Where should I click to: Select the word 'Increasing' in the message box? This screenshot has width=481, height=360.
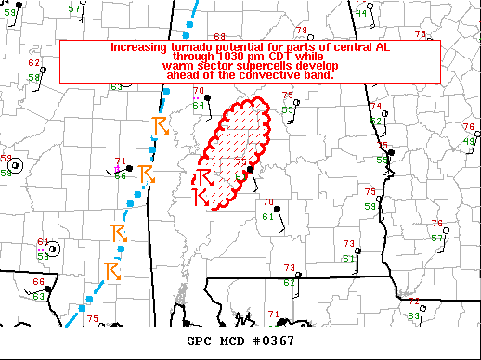[140, 46]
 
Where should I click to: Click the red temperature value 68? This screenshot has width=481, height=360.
[220, 36]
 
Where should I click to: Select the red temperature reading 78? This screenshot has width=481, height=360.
[301, 30]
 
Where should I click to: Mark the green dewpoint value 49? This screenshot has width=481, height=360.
[468, 140]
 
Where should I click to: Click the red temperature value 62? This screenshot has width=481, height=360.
[34, 63]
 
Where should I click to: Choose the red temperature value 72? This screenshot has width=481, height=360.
[414, 302]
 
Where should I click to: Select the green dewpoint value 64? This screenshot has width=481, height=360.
[198, 105]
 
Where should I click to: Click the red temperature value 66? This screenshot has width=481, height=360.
[39, 282]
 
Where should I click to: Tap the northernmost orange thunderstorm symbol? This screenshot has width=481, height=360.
[160, 125]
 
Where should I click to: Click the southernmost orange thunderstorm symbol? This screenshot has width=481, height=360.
[113, 270]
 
